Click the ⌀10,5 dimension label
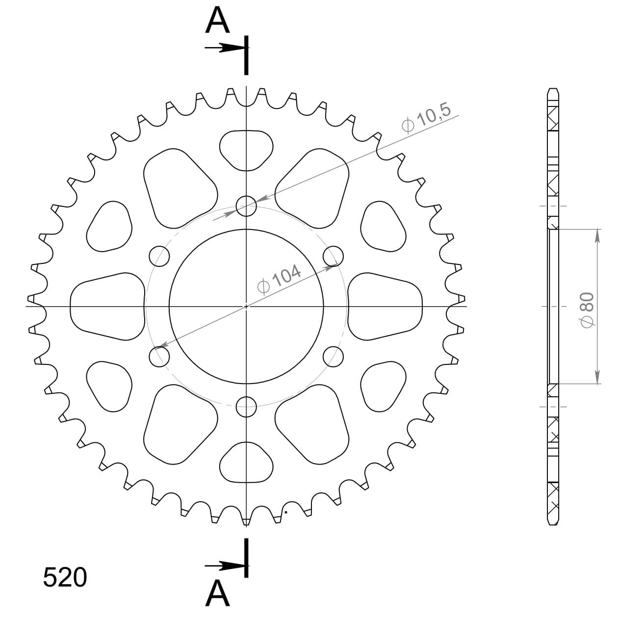pos(426,119)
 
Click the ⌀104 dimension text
pos(279,279)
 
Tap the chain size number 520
pos(65,577)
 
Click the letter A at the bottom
pos(218,593)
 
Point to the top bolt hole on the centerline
pos(246,206)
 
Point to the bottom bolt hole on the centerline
pos(246,406)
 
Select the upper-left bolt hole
pos(159,256)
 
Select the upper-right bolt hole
pos(334,256)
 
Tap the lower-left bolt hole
pos(159,356)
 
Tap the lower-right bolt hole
pos(334,356)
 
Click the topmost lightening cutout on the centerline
pos(246,150)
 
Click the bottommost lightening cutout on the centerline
pos(246,463)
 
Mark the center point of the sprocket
pos(246,307)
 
